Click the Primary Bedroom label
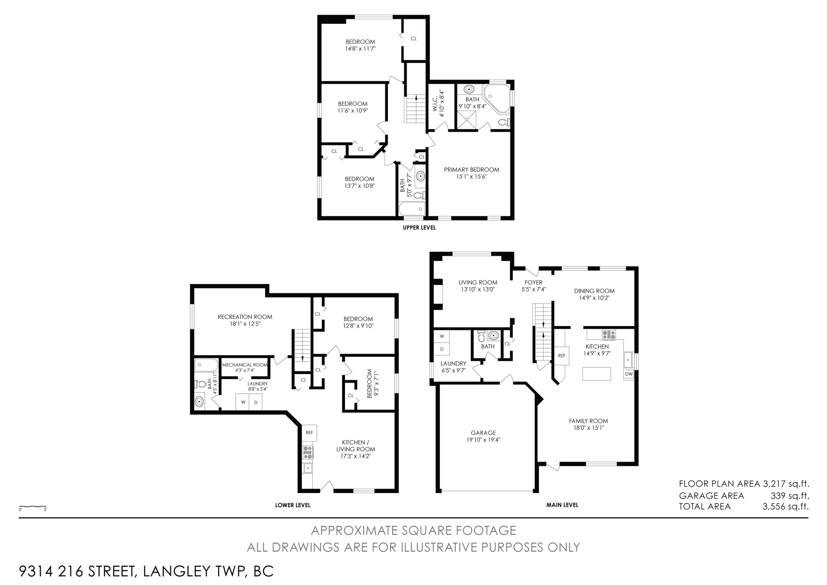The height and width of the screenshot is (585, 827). [471, 170]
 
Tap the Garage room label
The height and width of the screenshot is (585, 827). [483, 433]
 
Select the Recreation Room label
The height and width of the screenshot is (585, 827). [245, 317]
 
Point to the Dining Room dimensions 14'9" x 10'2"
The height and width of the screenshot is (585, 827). [594, 298]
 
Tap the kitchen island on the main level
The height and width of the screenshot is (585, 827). [597, 374]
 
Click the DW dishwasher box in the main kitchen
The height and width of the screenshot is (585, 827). [629, 374]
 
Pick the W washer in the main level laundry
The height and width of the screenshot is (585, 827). [442, 336]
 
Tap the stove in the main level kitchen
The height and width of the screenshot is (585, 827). [609, 335]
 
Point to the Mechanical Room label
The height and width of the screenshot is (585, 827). [245, 365]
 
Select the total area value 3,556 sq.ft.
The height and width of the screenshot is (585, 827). [785, 506]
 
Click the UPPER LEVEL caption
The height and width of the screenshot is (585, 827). [419, 228]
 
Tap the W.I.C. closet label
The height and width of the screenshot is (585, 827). [435, 103]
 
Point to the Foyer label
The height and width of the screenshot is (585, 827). [533, 283]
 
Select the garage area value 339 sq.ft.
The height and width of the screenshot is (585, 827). [790, 496]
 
